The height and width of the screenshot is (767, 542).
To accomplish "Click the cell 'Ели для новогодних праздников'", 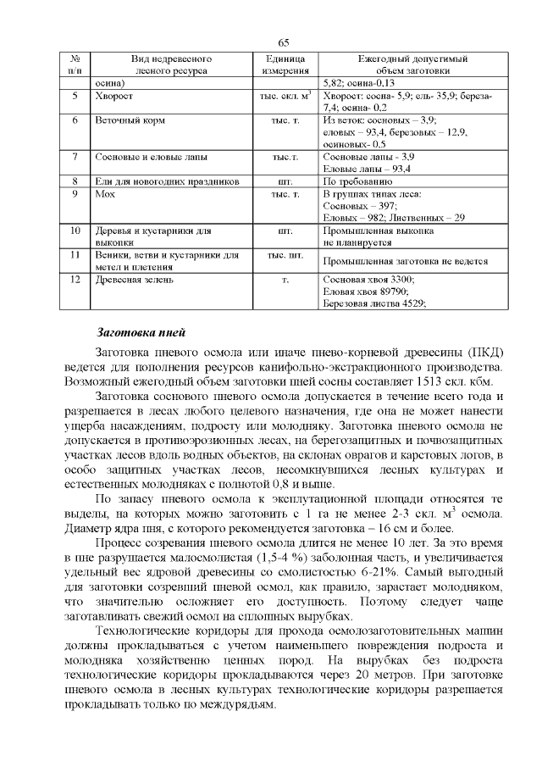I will [160, 181].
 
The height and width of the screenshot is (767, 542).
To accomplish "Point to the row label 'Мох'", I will [104, 194].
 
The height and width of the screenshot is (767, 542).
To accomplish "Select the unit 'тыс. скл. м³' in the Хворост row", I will [285, 97].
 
